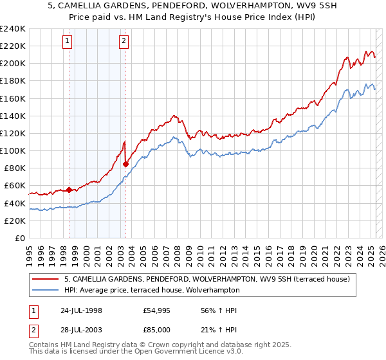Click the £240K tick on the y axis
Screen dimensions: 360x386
point(13,29)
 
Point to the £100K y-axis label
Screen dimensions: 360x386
point(13,150)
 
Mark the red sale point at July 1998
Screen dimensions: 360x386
point(69,190)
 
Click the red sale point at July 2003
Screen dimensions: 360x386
point(125,164)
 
